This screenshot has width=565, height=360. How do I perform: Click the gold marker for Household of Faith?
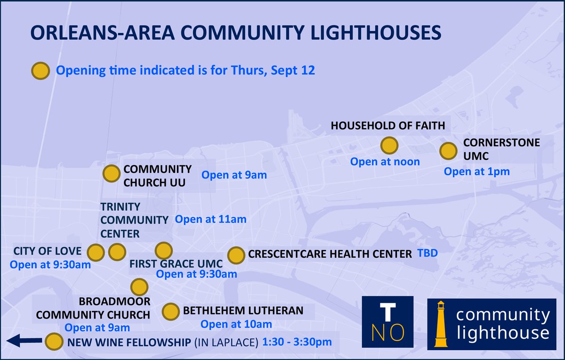pyautogui.click(x=389, y=146)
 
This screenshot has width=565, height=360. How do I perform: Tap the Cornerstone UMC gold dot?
pyautogui.click(x=448, y=151)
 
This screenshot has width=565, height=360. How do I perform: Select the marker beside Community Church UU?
pyautogui.click(x=111, y=173)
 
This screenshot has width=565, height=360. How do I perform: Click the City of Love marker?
pyautogui.click(x=96, y=252)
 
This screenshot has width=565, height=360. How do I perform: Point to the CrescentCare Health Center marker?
pyautogui.click(x=235, y=255)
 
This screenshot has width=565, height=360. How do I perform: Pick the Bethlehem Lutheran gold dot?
pyautogui.click(x=170, y=311)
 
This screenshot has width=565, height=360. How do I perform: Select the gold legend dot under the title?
pyautogui.click(x=40, y=71)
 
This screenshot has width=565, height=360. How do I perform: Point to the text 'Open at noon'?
pyautogui.click(x=385, y=162)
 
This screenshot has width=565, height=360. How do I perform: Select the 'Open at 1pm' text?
pyautogui.click(x=476, y=172)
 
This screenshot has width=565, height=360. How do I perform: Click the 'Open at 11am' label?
pyautogui.click(x=210, y=219)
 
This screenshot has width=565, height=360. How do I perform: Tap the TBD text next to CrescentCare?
pyautogui.click(x=428, y=253)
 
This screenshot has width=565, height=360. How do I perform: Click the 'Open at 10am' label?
pyautogui.click(x=236, y=324)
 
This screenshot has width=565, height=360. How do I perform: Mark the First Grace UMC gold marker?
pyautogui.click(x=164, y=250)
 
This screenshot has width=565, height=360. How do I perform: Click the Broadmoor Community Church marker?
pyautogui.click(x=139, y=286)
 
